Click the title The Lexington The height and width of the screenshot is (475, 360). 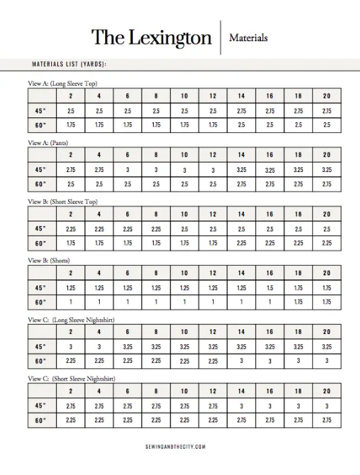click(151, 37)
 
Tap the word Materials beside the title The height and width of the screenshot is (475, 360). click(248, 38)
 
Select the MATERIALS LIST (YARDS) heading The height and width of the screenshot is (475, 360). click(69, 64)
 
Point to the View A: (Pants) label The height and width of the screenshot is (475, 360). click(48, 142)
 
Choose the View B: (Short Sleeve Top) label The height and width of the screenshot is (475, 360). click(63, 201)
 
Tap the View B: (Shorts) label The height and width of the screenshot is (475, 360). click(49, 260)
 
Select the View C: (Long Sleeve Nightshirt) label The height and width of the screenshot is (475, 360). click(71, 319)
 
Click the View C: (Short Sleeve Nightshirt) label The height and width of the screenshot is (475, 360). click(71, 379)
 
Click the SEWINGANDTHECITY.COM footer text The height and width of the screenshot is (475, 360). click(175, 447)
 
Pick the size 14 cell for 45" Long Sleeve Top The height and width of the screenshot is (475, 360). click(241, 111)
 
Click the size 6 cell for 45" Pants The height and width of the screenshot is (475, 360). click(127, 170)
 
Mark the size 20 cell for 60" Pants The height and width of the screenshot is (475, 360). click(326, 184)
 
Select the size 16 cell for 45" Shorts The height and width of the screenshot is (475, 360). click(270, 287)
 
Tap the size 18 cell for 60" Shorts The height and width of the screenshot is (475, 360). click(298, 302)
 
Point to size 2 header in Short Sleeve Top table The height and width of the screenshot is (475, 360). click(71, 215)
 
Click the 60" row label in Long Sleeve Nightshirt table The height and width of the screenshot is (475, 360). click(41, 361)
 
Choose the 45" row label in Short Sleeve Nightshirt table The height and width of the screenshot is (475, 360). click(41, 406)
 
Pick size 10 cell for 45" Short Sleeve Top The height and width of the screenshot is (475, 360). click(184, 229)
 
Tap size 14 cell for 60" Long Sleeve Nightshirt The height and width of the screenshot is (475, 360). click(241, 361)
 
